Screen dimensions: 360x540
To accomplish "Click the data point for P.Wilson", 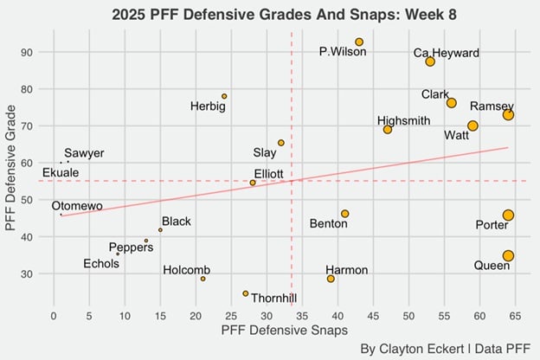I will [359, 42].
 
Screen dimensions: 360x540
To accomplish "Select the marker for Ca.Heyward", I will [430, 61].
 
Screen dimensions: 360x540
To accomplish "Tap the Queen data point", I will [508, 255].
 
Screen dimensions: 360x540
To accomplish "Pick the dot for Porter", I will [508, 215].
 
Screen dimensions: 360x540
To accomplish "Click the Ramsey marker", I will [508, 114].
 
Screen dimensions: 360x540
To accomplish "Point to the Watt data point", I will [472, 125].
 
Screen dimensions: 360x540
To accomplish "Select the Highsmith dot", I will [388, 129].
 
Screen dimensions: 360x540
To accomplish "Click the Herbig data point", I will [224, 96].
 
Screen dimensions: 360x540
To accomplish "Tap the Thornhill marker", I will [246, 293].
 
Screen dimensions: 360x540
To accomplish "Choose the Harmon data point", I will [331, 279].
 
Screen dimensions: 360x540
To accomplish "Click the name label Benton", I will [329, 224].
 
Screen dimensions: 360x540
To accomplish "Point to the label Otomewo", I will [77, 206].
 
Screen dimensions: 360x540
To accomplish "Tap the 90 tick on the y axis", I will [40, 52].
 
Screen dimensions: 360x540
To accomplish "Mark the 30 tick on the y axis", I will [40, 273].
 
